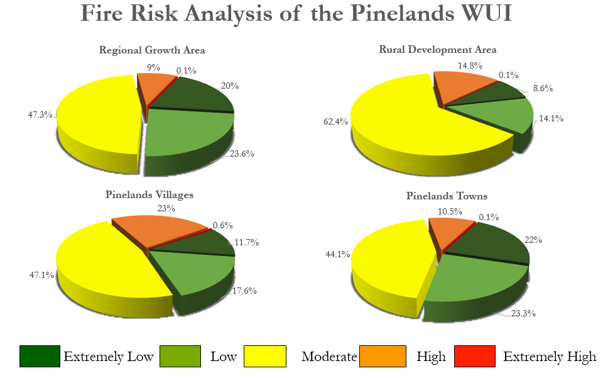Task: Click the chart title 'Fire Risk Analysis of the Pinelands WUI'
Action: coord(296,13)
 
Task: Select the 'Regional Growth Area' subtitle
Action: coord(152,50)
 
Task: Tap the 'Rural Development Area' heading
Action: coord(438,50)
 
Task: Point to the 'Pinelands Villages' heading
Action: coord(149,195)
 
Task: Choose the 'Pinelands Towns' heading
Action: coord(447,196)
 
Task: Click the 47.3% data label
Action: coord(40,114)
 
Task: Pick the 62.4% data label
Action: coord(335,122)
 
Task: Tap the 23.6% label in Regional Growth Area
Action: coord(242,154)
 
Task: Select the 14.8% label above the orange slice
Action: coord(470,66)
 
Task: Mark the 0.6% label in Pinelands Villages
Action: coord(223,226)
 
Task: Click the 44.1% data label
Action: coord(338,255)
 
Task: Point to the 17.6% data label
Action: coord(244,291)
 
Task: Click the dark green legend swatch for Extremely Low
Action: coord(40,356)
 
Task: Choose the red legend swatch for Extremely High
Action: coord(475,356)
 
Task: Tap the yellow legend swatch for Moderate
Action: coord(265,356)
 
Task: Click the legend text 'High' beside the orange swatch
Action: coord(431,357)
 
